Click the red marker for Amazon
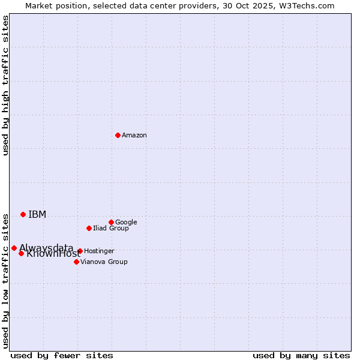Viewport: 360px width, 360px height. [x=118, y=135]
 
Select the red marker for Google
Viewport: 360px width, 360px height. [x=111, y=222]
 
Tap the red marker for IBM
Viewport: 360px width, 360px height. [x=23, y=214]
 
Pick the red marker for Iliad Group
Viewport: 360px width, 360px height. [x=89, y=228]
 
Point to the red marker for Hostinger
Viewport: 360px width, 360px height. [x=80, y=251]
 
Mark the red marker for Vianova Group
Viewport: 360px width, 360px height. [x=76, y=262]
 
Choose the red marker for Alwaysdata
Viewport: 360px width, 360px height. [x=14, y=248]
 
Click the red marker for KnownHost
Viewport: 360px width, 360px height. [x=21, y=253]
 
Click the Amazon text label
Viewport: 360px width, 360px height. [x=134, y=136]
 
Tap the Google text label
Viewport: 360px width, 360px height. [x=126, y=222]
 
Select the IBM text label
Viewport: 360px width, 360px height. [x=37, y=215]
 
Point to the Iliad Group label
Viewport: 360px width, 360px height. [x=111, y=228]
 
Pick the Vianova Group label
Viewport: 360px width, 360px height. [x=104, y=262]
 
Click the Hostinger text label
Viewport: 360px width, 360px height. [x=99, y=251]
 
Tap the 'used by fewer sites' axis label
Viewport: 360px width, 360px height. [x=62, y=355]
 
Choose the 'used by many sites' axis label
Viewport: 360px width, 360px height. [x=301, y=355]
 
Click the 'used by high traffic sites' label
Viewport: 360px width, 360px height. [x=6, y=85]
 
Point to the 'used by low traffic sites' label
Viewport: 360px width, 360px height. [x=6, y=281]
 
